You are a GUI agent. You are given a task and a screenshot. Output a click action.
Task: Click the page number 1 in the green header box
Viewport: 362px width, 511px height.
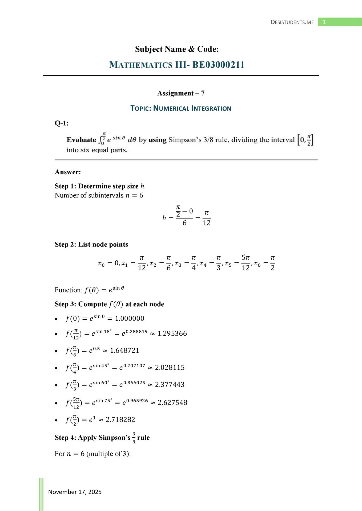[324, 22]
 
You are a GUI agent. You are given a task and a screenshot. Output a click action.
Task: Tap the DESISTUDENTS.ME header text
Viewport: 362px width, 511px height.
[292, 22]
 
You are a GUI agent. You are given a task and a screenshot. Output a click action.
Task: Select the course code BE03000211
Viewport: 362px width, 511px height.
[218, 65]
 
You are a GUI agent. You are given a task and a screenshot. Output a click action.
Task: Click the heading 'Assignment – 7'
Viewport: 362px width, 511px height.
[181, 93]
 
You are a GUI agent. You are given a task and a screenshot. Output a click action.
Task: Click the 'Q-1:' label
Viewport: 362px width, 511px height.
[62, 123]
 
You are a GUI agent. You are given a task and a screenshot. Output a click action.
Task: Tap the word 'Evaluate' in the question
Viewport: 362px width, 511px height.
[81, 140]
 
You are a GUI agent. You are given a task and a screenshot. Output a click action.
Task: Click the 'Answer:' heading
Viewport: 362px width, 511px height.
[68, 172]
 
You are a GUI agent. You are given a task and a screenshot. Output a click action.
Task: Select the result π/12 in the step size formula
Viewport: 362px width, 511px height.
[207, 218]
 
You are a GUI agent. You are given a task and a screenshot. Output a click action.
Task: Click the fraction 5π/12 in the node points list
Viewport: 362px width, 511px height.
[246, 262]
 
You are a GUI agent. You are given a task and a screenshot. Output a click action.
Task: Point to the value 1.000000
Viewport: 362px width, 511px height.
[130, 318]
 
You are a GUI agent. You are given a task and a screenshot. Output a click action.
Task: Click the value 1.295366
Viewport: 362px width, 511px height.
[172, 333]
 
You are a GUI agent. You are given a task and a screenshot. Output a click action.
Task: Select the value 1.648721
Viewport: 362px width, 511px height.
[124, 351]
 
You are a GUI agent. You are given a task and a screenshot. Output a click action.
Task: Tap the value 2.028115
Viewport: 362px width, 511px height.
[170, 368]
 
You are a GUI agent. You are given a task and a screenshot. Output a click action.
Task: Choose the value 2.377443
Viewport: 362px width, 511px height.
[170, 385]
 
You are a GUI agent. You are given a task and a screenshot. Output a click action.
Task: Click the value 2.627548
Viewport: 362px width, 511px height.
[172, 402]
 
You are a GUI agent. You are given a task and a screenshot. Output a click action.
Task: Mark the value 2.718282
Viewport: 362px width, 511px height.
[120, 420]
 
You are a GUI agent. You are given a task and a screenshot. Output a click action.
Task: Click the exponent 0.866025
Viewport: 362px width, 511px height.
[134, 383]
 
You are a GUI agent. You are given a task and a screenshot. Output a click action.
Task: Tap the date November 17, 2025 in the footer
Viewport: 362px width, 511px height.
[75, 492]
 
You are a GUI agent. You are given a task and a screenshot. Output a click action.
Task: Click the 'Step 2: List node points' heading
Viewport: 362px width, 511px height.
[91, 244]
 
